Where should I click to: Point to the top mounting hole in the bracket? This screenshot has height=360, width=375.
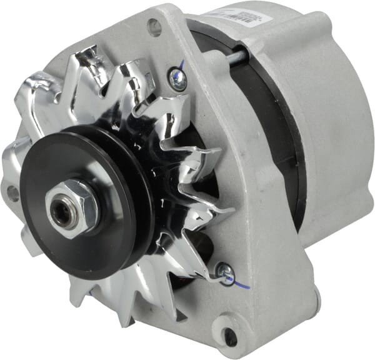(154, 27)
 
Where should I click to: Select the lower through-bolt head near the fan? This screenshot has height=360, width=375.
(225, 271)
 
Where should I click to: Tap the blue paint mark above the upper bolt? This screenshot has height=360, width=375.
(181, 64)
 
